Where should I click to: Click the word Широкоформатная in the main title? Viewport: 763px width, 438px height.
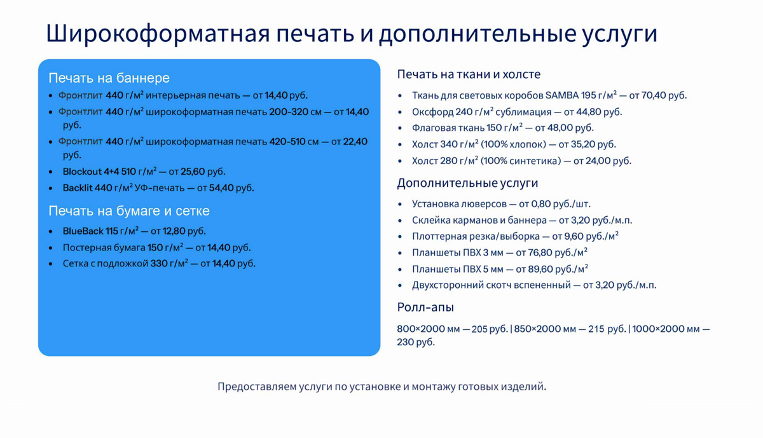click(158, 34)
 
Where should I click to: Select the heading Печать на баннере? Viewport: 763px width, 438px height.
click(109, 78)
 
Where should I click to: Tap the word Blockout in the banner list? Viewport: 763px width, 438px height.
click(82, 171)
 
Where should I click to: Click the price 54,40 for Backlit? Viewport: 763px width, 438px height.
click(221, 188)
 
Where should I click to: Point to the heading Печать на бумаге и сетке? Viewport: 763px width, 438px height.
click(129, 211)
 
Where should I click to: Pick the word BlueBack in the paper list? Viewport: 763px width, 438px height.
click(83, 231)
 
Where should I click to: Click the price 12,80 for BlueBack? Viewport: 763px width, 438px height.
click(174, 231)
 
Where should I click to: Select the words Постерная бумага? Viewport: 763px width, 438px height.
click(104, 248)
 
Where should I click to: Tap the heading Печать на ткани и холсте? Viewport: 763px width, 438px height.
click(469, 74)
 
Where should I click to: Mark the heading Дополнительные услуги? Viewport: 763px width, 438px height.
click(468, 183)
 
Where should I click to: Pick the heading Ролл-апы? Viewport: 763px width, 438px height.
click(425, 307)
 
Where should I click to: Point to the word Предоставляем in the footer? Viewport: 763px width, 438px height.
click(257, 387)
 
